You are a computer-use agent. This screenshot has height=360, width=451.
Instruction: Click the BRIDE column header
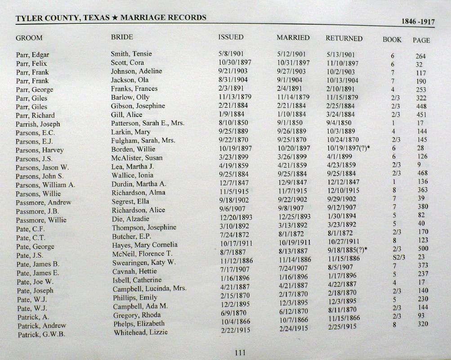point(122,37)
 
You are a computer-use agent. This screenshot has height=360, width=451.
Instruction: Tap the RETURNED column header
point(344,38)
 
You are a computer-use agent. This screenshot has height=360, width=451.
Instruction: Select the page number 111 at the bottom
point(240,353)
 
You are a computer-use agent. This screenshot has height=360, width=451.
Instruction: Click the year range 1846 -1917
point(418,22)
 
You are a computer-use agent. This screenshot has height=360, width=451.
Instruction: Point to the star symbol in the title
point(115,18)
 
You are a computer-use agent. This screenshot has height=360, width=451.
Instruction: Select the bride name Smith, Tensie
point(131,54)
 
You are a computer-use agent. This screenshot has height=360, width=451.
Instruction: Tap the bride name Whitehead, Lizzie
point(141,332)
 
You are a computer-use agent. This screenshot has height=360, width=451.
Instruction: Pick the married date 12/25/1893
point(294,216)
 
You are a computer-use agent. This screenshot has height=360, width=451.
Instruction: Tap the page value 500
point(422,249)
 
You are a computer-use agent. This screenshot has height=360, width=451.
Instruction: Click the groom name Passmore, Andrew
point(44,202)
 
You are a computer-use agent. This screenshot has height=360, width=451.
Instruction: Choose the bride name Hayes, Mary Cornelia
point(145,245)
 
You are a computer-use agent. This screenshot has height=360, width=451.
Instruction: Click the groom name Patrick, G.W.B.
point(42,334)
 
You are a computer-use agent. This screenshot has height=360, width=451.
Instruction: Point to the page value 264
point(421,56)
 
